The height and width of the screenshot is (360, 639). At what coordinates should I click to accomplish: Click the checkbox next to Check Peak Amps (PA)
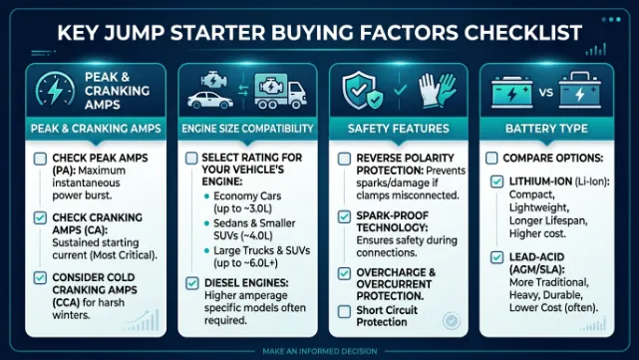38,159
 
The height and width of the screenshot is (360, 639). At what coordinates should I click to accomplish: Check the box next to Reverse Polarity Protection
343,159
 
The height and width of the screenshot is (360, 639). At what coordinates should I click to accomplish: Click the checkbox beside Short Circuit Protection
343,311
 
